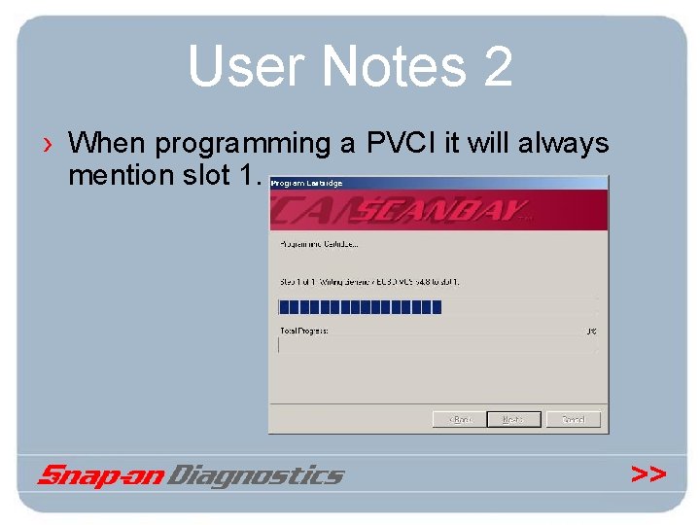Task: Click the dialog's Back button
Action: tap(459, 419)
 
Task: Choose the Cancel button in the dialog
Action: tap(573, 419)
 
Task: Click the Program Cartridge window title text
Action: tap(306, 183)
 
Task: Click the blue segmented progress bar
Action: tap(360, 307)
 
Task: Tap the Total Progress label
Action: tap(304, 331)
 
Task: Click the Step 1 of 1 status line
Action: tap(369, 282)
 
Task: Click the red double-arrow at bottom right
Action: tap(647, 473)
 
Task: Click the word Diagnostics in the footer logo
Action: tap(257, 475)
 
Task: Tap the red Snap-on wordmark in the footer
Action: tap(101, 475)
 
